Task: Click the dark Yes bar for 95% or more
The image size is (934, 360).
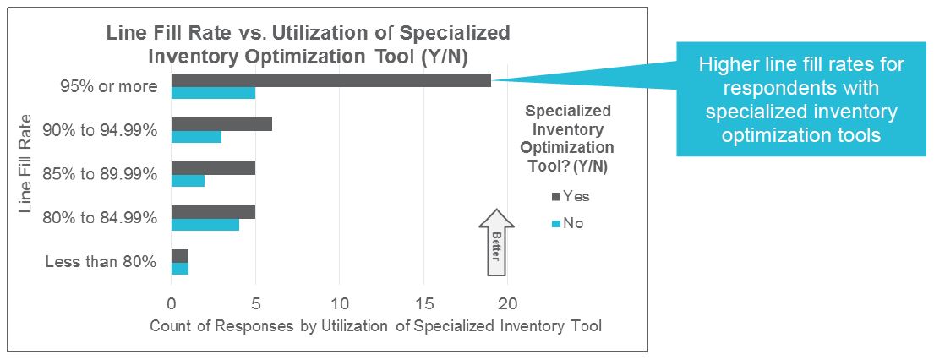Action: click(x=330, y=80)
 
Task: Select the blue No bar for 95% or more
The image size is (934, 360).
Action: click(x=213, y=93)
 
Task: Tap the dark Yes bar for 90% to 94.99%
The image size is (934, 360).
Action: click(x=221, y=123)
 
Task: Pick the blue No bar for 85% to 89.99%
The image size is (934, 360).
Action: click(x=188, y=180)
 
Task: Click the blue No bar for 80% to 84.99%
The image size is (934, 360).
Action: click(x=205, y=225)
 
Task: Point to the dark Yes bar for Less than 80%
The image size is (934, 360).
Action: click(x=179, y=256)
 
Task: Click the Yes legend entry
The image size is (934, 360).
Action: click(x=571, y=196)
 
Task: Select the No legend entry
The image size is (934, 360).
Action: click(x=567, y=224)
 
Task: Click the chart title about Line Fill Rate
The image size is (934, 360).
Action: click(x=307, y=45)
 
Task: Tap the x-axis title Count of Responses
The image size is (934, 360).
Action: click(x=375, y=326)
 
